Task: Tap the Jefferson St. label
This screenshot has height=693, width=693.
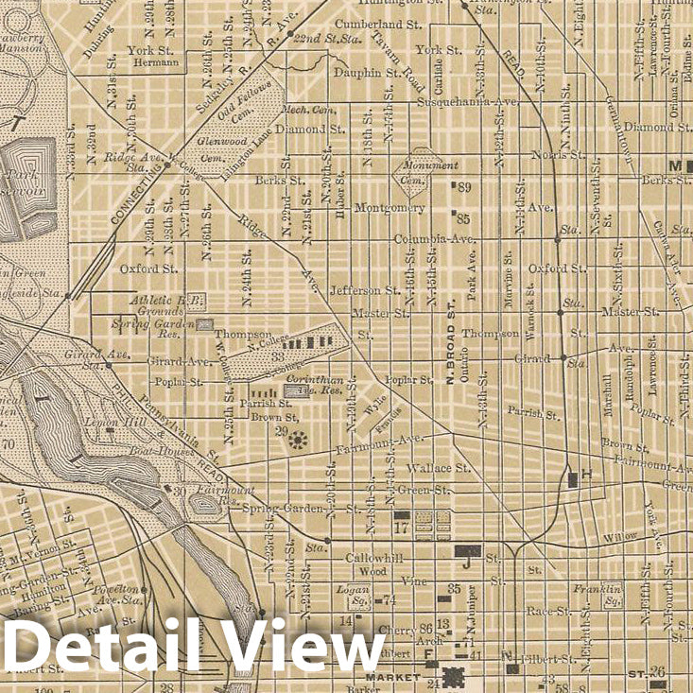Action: (x=365, y=290)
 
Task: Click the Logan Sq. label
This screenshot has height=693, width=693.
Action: (x=353, y=593)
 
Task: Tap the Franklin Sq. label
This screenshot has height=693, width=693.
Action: (x=598, y=594)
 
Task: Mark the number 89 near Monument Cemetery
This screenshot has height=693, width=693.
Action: (x=463, y=188)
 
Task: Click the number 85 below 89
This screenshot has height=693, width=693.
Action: (x=463, y=218)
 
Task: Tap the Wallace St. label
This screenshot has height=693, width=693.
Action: (x=438, y=467)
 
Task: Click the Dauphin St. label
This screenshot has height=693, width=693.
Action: (x=369, y=72)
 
